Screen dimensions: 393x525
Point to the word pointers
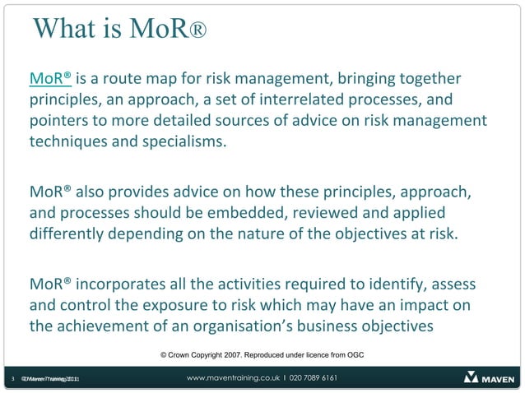point(62,121)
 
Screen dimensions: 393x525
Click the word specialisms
point(184,141)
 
